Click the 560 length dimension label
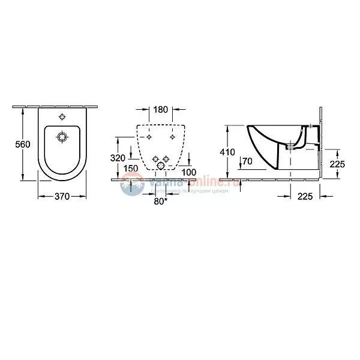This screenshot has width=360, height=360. click(22, 145)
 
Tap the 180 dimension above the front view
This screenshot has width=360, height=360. click(160, 110)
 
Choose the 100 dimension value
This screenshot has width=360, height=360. click(188, 172)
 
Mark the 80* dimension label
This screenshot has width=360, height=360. click(161, 200)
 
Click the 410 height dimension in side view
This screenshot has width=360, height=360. click(228, 152)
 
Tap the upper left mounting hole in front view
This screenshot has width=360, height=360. click(148, 137)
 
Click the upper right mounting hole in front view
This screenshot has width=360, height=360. click(173, 137)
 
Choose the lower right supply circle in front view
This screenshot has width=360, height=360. click(166, 158)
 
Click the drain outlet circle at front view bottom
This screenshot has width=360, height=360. click(160, 166)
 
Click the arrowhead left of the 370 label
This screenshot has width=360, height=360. click(40, 196)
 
